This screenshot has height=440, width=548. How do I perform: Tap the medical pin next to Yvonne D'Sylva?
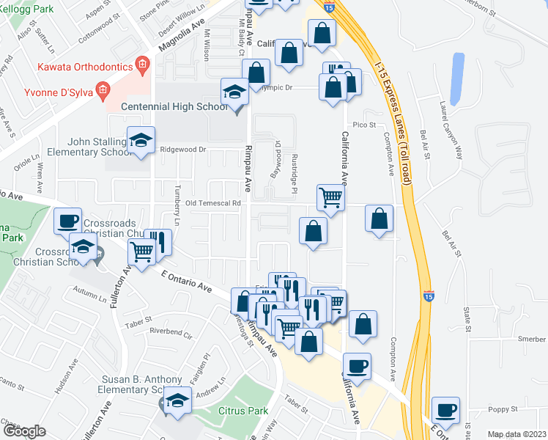click(x=103, y=92)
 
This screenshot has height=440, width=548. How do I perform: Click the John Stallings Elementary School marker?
click(x=141, y=142)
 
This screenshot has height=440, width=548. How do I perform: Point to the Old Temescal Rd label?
click(x=213, y=203)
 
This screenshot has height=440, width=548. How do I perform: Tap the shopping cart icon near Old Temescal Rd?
click(x=330, y=197)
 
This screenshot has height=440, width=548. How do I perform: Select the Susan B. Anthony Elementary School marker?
click(x=177, y=401)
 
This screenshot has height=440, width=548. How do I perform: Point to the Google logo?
click(x=24, y=432)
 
